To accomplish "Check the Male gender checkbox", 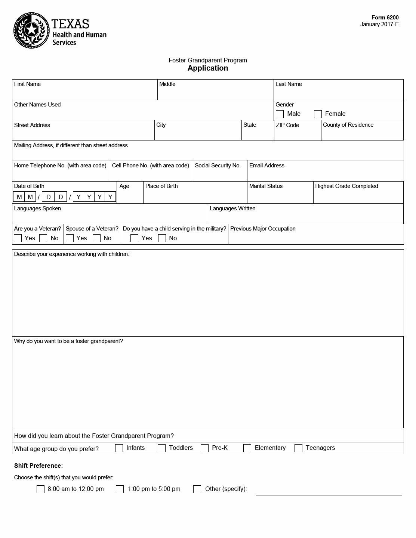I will coord(280,114).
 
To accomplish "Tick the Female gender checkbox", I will coord(318,114).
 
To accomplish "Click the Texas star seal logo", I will coord(31,31).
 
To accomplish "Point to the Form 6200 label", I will coord(385,18).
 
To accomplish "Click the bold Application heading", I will coord(208,68).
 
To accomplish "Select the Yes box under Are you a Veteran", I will coord(18,238).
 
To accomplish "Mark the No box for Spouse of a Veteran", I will coord(96,238).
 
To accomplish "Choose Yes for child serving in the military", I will coord(135,238).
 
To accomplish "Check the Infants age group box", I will coord(119,448).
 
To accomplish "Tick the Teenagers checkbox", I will coord(298,448).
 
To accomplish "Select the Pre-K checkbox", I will coord(204,448).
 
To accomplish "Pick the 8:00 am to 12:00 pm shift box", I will coord(40,489).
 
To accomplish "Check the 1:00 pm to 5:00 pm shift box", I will coord(120,489).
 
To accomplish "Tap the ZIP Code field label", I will coord(287,125).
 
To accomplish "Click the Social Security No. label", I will coord(218,166).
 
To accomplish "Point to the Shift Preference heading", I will coord(38,466).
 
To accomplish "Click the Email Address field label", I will coord(266,166).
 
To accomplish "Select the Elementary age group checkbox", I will coord(247,448).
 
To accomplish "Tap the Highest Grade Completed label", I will coord(346,186).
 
